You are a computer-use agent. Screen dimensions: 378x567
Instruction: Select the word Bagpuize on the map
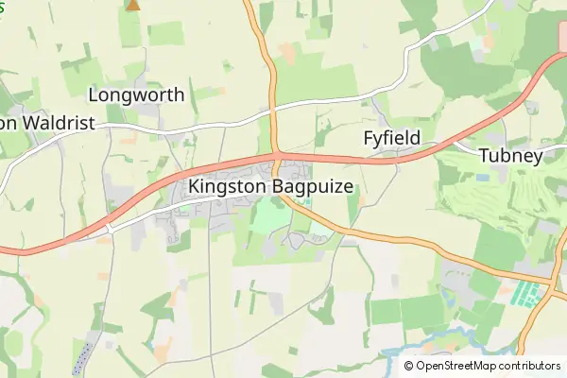point(313,187)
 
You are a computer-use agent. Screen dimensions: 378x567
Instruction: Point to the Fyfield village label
point(392,139)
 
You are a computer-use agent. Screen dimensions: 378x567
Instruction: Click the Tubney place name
point(510,156)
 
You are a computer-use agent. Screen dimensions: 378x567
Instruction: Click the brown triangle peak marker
point(133,5)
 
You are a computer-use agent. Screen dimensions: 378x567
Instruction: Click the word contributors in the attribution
point(532,366)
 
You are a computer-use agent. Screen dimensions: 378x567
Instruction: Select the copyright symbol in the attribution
point(409,366)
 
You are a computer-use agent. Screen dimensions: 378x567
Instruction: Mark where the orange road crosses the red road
point(276,154)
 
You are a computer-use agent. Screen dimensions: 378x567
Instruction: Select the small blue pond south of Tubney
point(484,177)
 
